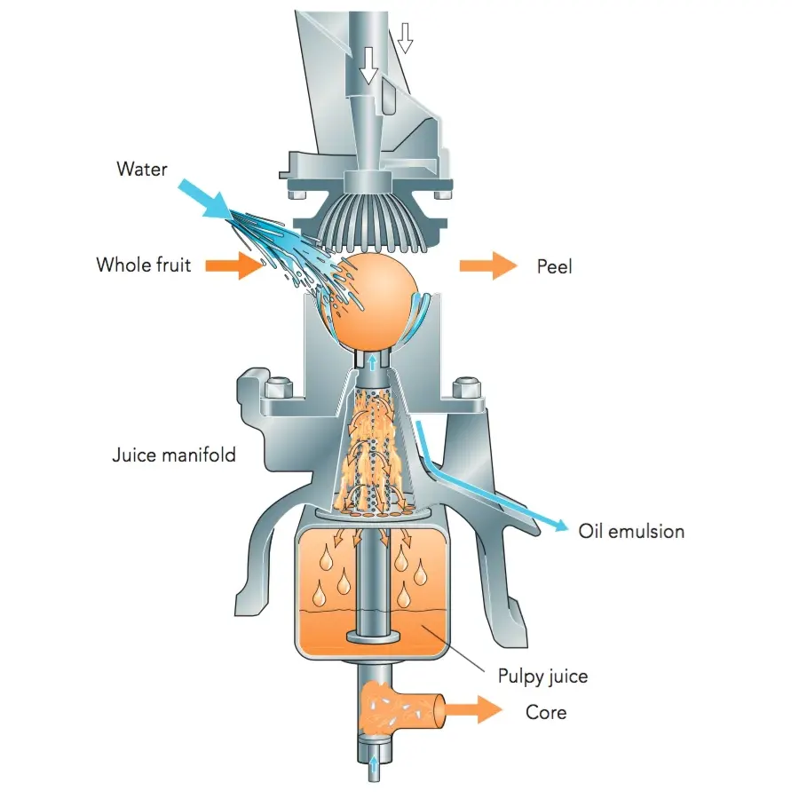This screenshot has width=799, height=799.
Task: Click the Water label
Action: tap(142, 168)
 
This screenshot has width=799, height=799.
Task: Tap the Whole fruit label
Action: tap(144, 265)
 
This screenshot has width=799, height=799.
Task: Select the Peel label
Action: tap(555, 265)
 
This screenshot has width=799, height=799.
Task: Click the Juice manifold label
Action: tap(174, 455)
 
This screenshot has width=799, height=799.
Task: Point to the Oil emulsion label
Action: tap(631, 532)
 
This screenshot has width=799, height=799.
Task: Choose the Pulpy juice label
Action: tap(542, 677)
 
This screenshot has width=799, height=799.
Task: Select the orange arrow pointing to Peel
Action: tap(489, 265)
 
